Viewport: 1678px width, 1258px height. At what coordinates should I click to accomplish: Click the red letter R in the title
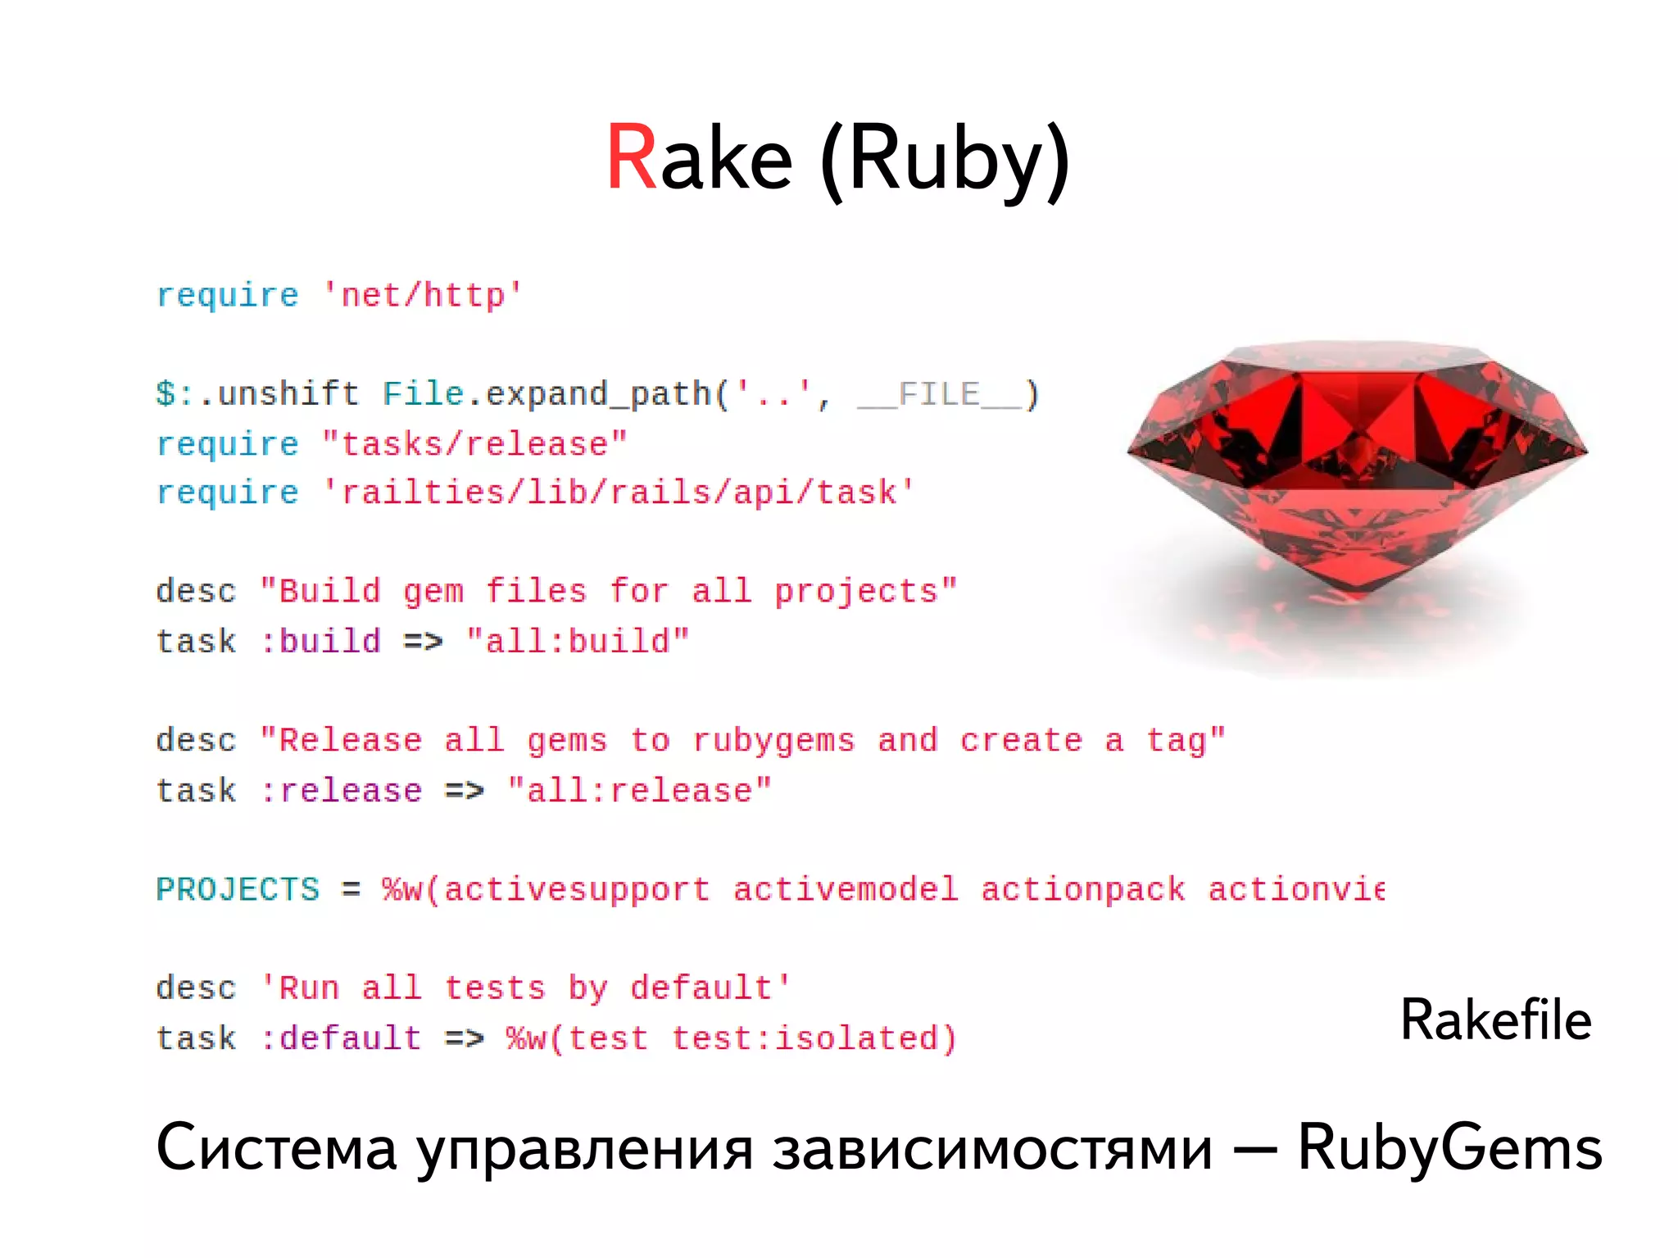click(632, 157)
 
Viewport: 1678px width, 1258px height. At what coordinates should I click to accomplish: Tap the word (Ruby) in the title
click(945, 161)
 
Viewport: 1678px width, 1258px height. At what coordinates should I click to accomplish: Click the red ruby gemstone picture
click(1357, 467)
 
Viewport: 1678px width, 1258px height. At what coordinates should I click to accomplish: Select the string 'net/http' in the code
click(423, 295)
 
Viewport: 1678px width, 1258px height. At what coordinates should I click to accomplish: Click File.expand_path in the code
click(547, 394)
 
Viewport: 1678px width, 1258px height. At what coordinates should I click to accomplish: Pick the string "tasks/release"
click(474, 443)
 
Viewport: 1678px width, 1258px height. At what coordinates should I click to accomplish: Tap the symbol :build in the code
click(320, 641)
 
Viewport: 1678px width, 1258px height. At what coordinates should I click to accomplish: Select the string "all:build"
click(578, 641)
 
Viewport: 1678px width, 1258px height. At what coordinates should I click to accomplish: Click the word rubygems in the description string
click(773, 740)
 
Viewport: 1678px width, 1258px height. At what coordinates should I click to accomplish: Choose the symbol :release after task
click(341, 790)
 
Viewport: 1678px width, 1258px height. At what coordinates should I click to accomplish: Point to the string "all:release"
click(639, 790)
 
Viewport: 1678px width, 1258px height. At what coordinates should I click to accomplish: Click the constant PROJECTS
click(238, 889)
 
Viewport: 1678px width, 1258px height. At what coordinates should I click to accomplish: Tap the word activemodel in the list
click(845, 889)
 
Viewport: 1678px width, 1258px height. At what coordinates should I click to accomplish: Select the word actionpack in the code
click(1082, 889)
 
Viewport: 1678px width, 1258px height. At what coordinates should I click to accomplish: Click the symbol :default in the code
click(341, 1038)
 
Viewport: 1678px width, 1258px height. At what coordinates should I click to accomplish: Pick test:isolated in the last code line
click(813, 1038)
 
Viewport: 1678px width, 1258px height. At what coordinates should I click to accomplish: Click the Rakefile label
click(1495, 1020)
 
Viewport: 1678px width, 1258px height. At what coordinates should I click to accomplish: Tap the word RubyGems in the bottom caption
click(1449, 1148)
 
